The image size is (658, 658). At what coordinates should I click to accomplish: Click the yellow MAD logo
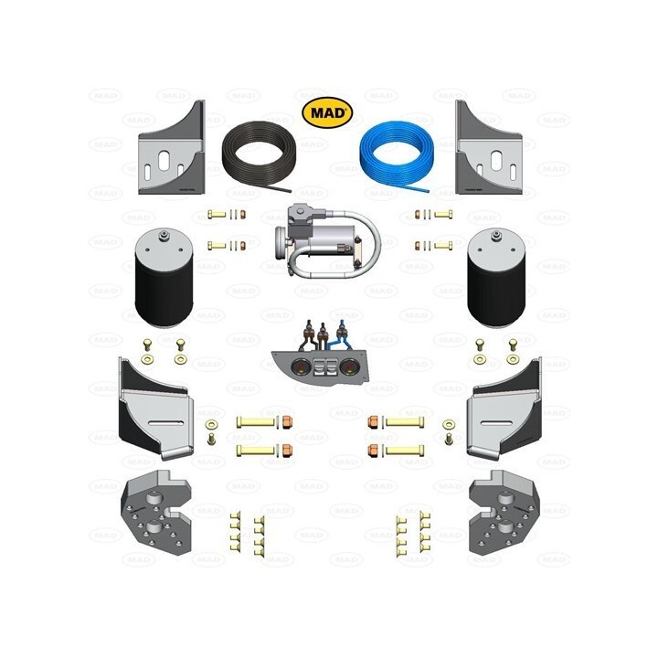pos(327,112)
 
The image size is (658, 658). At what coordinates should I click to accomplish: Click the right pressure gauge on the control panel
pos(348,368)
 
